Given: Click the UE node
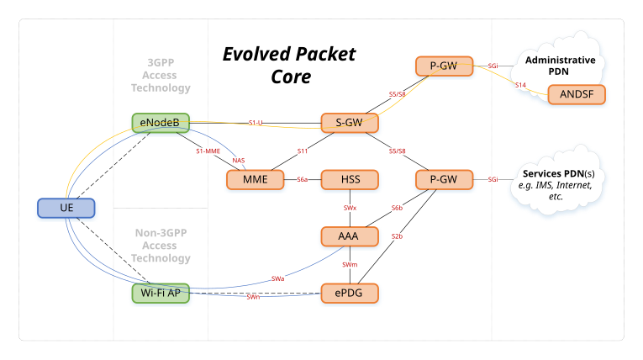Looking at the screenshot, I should (x=67, y=207).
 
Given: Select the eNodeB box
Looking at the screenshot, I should (x=161, y=123).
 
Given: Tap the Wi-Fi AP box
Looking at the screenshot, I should (x=161, y=294).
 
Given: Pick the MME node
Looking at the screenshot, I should (x=256, y=179).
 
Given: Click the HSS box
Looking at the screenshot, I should (x=350, y=179).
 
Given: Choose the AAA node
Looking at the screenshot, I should (x=348, y=236).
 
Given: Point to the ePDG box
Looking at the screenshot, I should (x=350, y=294).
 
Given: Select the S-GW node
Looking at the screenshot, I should (x=350, y=123).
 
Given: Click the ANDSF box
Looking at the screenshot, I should (x=577, y=94).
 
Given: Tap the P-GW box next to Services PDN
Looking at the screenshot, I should (x=443, y=179).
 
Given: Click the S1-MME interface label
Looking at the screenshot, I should (x=208, y=151).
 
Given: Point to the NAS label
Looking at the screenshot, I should (x=239, y=160).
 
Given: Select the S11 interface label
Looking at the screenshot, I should (x=303, y=151).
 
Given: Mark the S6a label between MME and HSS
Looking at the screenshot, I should (x=303, y=179).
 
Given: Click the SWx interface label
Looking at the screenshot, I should (x=350, y=208).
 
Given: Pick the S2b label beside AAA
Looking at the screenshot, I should (x=398, y=236).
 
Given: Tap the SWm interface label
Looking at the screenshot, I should (x=350, y=265).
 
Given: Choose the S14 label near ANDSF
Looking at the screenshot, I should (x=520, y=85).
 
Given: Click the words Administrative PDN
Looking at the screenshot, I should (x=560, y=66).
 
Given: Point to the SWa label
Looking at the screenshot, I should (x=278, y=278).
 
